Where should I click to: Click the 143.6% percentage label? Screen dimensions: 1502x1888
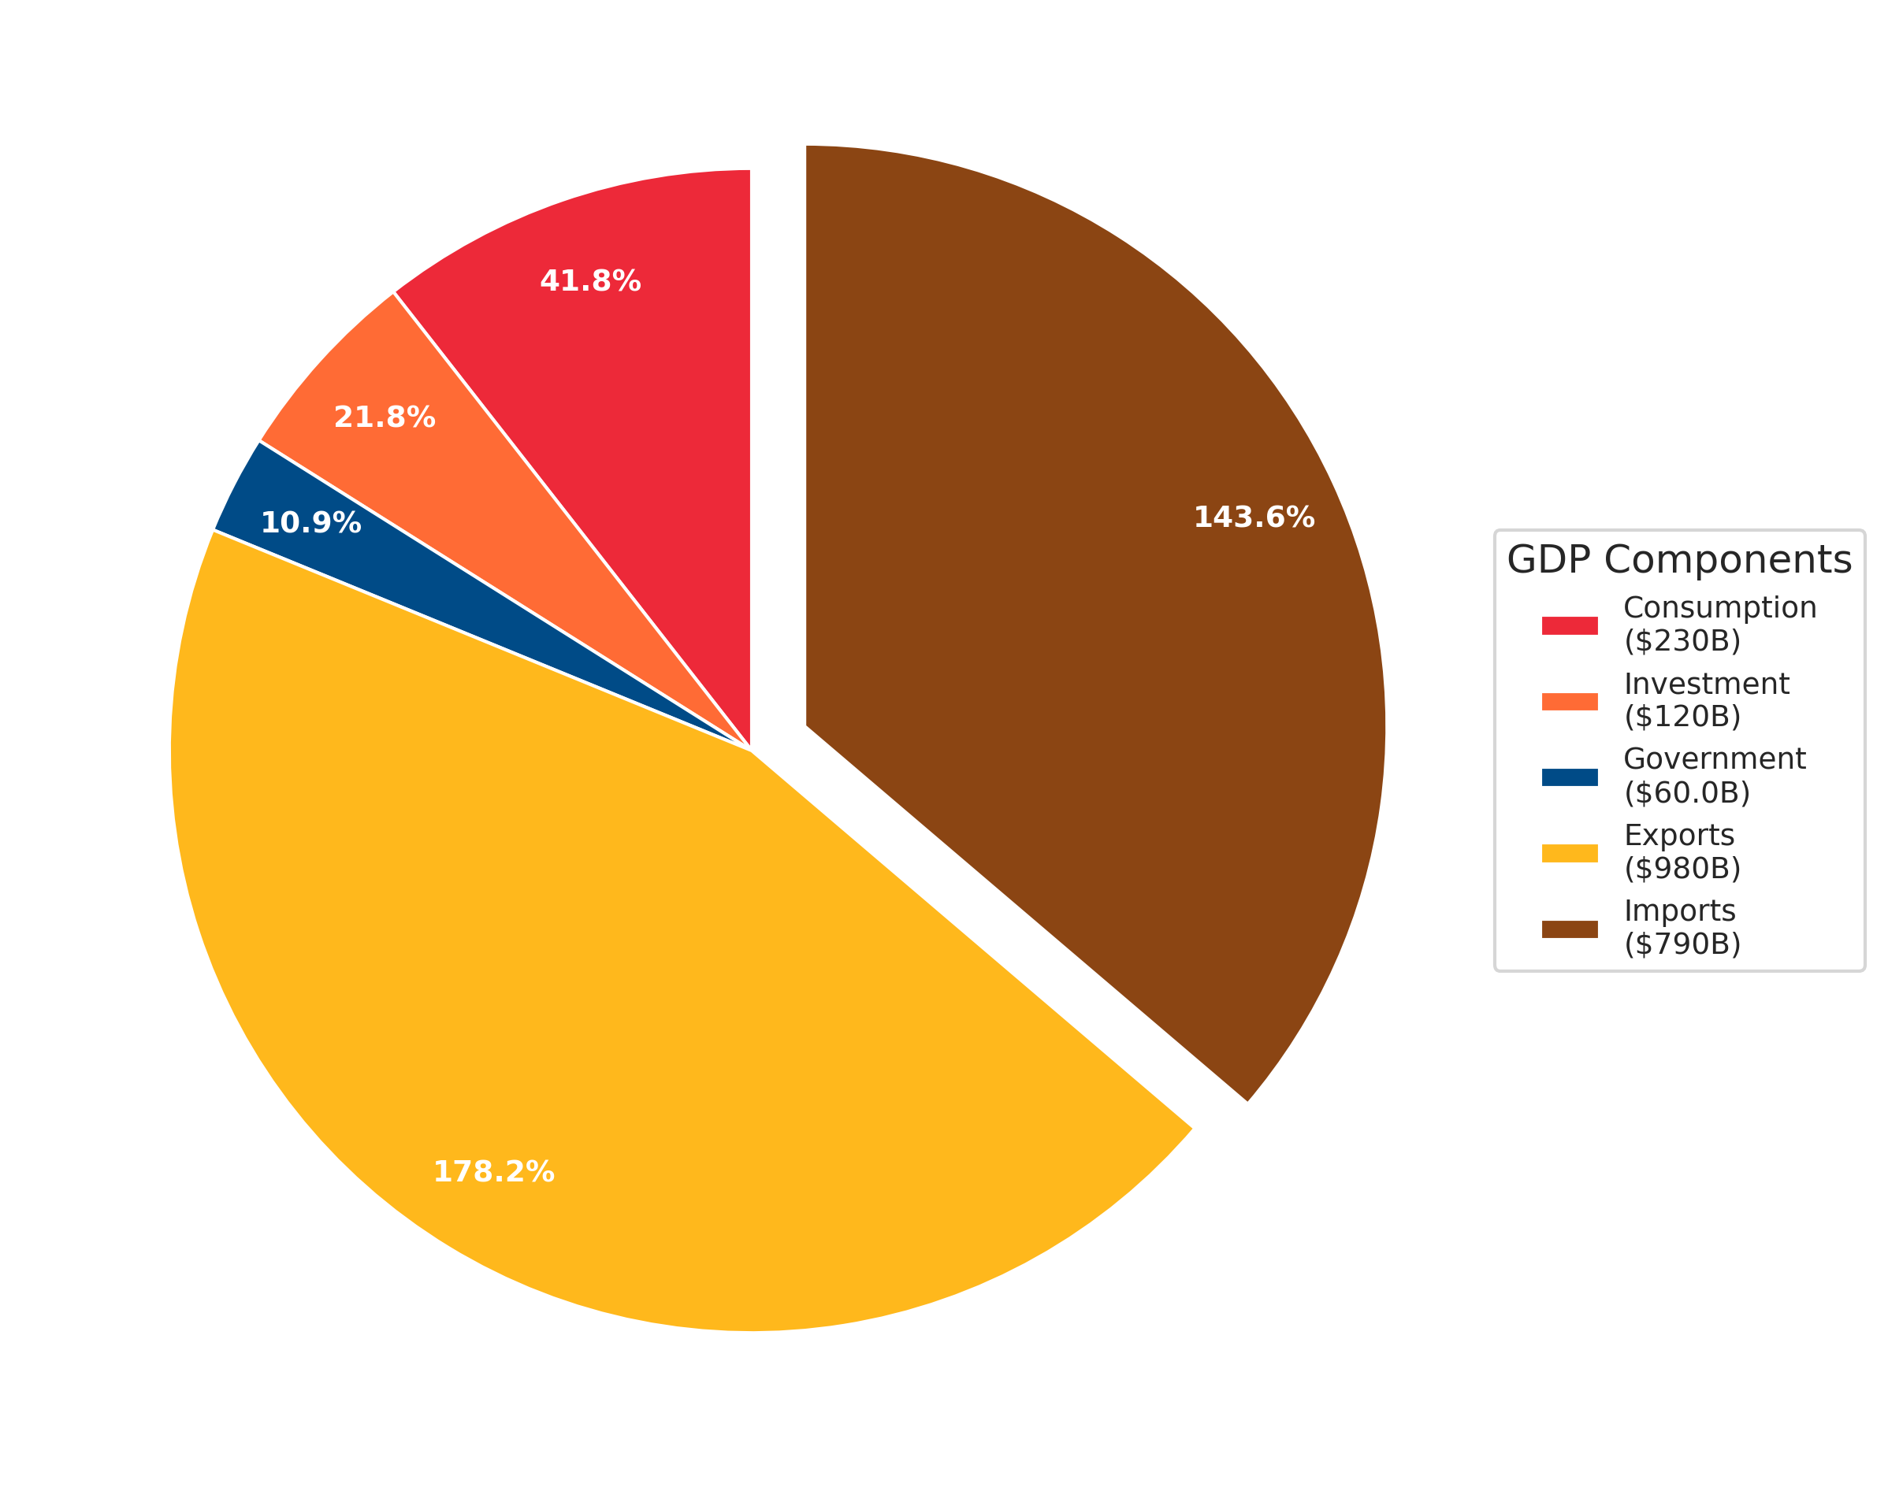[x=1254, y=517]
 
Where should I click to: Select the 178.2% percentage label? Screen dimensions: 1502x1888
[x=494, y=1171]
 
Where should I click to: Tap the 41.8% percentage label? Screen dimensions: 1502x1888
[x=590, y=281]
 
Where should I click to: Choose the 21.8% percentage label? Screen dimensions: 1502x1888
[x=385, y=417]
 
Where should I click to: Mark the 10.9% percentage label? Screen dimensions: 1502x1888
[x=311, y=524]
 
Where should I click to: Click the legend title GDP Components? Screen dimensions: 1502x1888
[x=1678, y=560]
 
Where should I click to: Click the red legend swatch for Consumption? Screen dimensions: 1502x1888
[x=1569, y=625]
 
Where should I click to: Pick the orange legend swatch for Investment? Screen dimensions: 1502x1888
[x=1569, y=701]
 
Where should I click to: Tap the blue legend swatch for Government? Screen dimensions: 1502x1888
[x=1569, y=777]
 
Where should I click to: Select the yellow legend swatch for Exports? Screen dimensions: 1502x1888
[x=1569, y=854]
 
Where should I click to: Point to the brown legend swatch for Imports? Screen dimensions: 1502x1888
[x=1569, y=929]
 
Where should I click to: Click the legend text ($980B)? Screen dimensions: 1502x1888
[x=1682, y=868]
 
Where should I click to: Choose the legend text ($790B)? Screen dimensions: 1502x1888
[x=1682, y=944]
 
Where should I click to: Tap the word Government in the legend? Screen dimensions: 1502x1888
[x=1714, y=759]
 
